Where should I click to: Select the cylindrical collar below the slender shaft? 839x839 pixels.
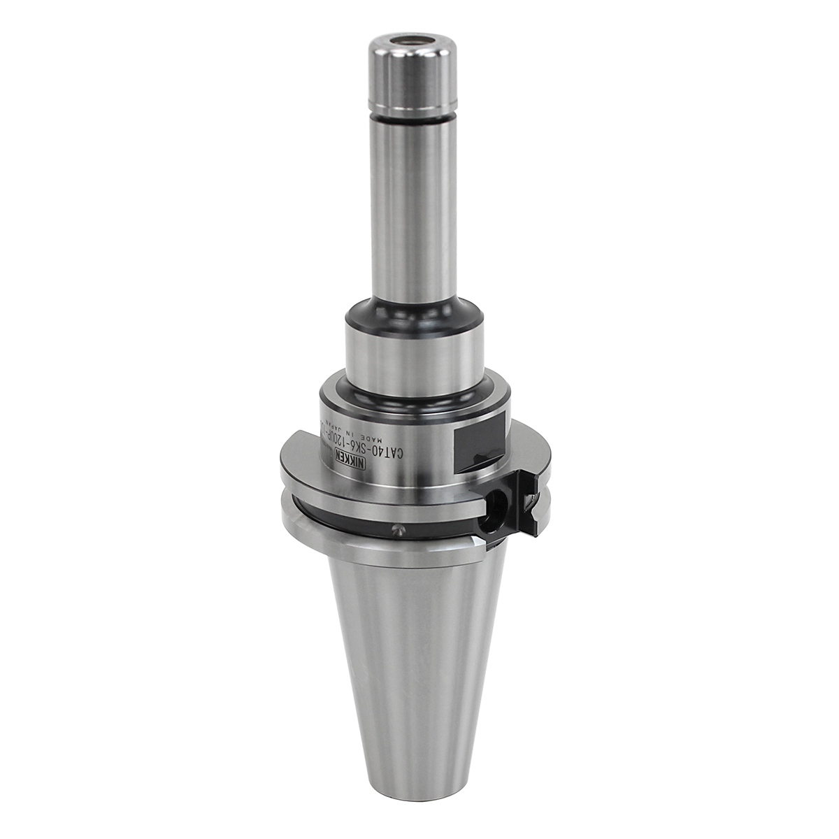[411, 357]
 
